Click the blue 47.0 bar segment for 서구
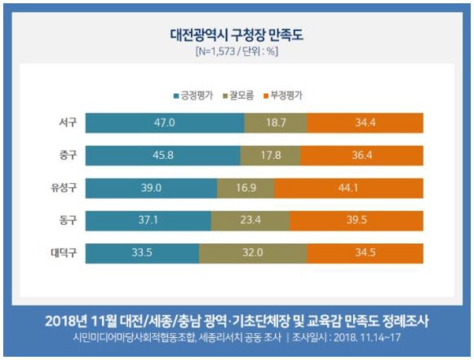pos(164,123)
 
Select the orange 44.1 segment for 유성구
pos(348,188)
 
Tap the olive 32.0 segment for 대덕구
pos(253,253)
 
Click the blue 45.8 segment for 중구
pos(162,156)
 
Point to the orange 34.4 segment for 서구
pos(364,123)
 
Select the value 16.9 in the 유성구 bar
pos(245,188)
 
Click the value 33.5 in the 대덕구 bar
pos(142,253)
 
